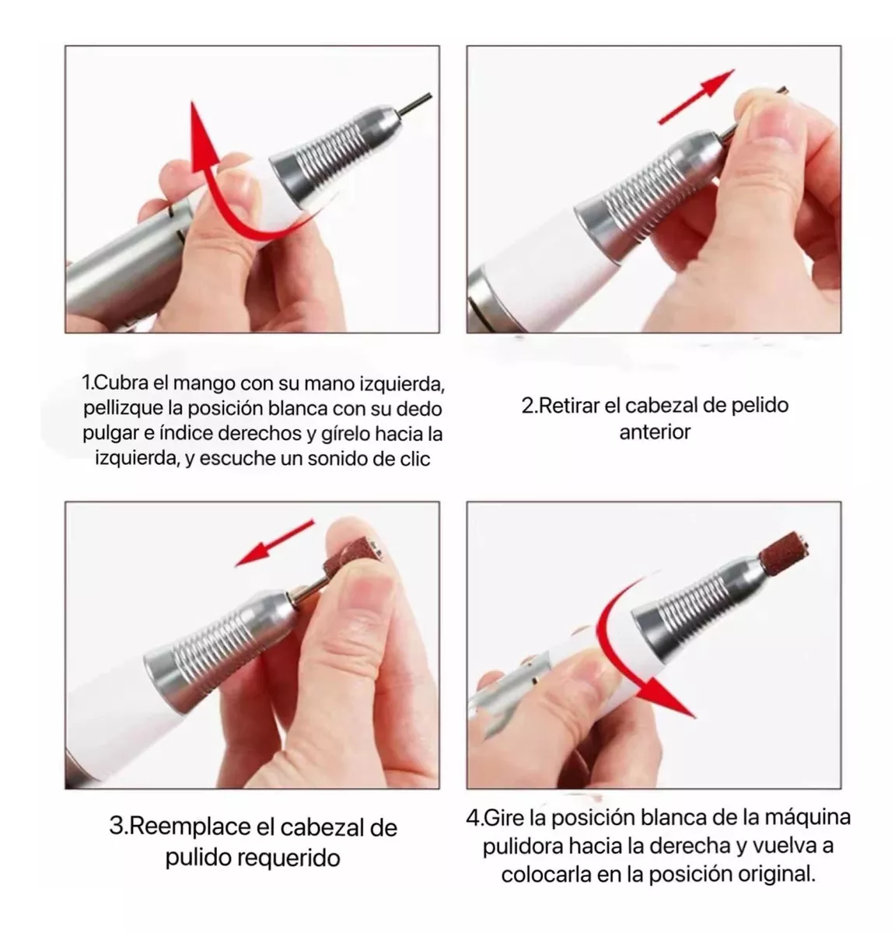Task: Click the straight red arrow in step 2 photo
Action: pos(696,97)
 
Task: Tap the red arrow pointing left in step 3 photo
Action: pos(274,543)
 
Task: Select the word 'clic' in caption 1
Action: pos(415,459)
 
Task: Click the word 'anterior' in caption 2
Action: pos(655,432)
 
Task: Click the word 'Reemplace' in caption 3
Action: pos(190,826)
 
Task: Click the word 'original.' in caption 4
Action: pos(776,874)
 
